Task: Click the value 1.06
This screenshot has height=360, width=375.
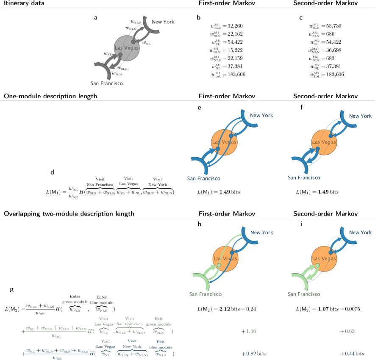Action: [251, 331]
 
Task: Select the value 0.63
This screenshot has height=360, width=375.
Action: [350, 331]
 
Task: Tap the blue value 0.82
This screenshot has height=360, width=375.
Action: [251, 353]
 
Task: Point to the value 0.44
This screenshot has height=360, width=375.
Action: [350, 353]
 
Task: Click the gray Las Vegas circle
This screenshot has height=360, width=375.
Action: [127, 48]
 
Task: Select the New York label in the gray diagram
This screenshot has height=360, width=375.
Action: [163, 22]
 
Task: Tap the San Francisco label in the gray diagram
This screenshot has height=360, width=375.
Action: [106, 83]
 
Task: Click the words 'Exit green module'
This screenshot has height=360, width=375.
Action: [158, 321]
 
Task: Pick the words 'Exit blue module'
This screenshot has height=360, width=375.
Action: [161, 344]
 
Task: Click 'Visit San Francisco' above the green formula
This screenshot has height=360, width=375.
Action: [130, 321]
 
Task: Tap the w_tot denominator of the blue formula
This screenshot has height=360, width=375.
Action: [57, 358]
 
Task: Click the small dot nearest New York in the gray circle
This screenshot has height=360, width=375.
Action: [133, 42]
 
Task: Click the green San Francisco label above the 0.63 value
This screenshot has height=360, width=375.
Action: [304, 294]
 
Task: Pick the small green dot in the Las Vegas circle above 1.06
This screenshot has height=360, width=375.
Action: [219, 265]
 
